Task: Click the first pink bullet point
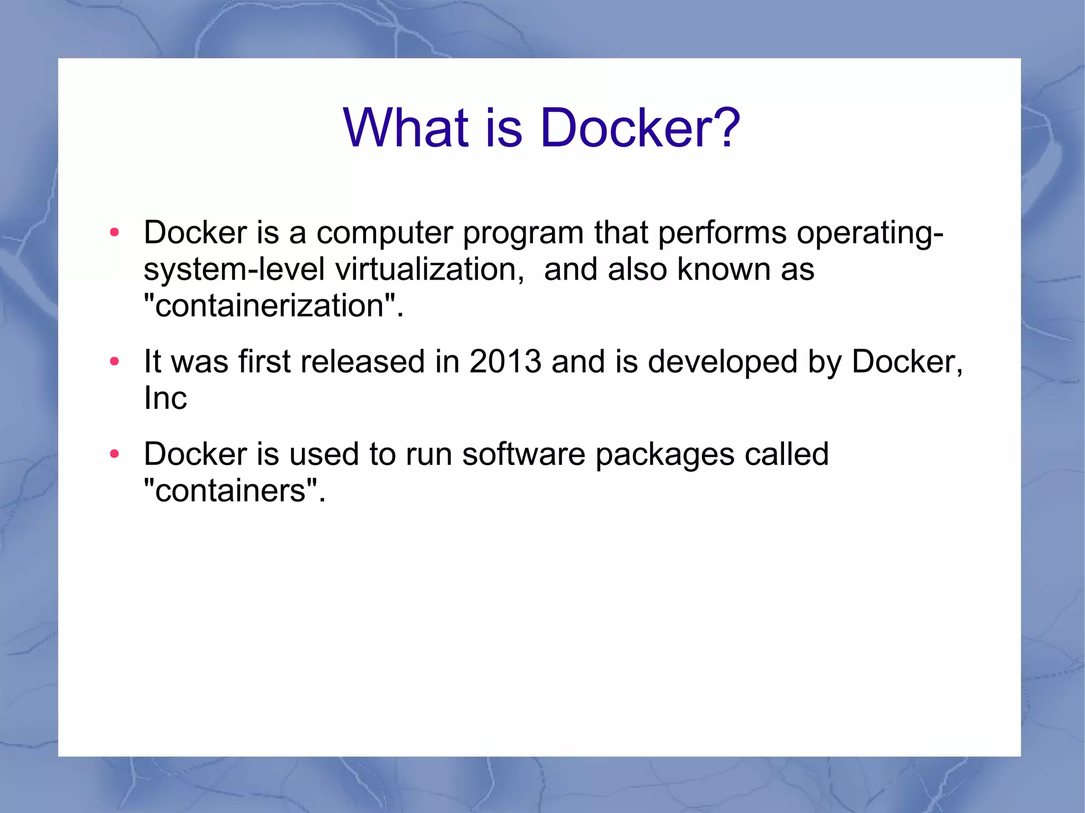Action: pos(114,233)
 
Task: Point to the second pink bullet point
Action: pos(114,362)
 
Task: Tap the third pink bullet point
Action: pos(114,454)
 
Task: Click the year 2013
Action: pos(505,362)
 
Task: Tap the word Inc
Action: pos(165,398)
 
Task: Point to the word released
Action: pos(362,362)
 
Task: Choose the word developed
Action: pos(723,362)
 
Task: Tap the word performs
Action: pos(722,233)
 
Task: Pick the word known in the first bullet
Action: pos(724,269)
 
